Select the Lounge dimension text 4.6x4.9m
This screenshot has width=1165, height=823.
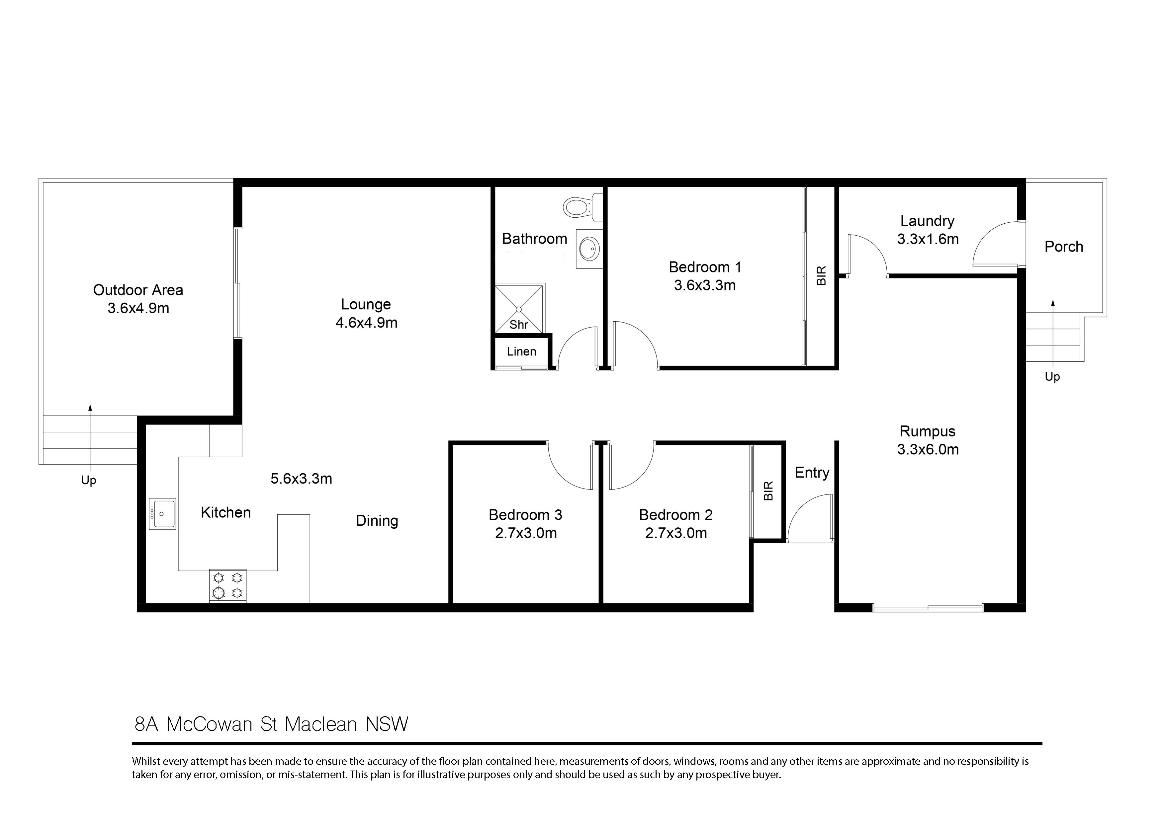[366, 323]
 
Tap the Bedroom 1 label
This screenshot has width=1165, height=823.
[705, 267]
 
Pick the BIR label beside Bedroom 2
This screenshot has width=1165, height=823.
[768, 491]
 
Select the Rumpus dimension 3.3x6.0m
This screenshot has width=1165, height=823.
[928, 449]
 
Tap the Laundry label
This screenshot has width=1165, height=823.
[927, 221]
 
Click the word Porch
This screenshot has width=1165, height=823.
[1063, 247]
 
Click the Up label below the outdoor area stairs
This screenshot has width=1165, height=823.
[88, 480]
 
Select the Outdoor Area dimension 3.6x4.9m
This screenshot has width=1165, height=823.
[138, 308]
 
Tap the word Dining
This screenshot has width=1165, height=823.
[377, 521]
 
